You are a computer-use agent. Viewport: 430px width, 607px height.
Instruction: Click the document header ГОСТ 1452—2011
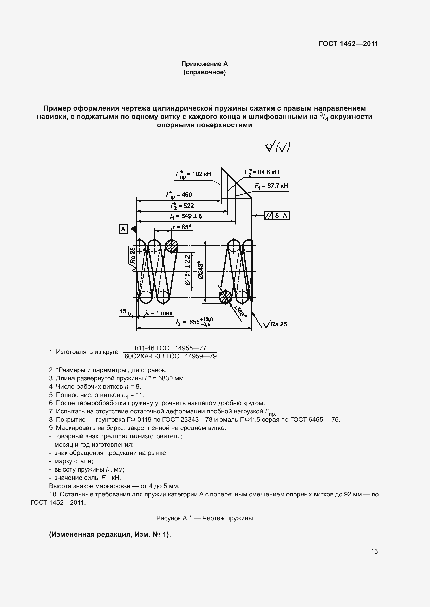[x=348, y=44]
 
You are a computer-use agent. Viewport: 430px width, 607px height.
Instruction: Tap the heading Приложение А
[x=204, y=64]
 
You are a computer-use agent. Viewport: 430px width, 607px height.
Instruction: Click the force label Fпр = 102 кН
[x=193, y=174]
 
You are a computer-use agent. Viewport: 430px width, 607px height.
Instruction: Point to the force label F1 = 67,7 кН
[x=271, y=186]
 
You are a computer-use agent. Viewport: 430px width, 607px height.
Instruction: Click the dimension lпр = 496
[x=179, y=195]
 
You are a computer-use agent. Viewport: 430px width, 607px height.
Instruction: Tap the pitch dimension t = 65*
[x=182, y=227]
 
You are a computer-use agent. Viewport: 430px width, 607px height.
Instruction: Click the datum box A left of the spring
[x=123, y=229]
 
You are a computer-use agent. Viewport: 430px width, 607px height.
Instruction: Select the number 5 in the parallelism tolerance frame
[x=277, y=216]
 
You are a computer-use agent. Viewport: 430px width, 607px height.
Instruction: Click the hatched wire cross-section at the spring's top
[x=172, y=246]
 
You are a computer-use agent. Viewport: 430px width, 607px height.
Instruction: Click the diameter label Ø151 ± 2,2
[x=187, y=270]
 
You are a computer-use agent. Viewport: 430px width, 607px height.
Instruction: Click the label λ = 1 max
[x=159, y=313]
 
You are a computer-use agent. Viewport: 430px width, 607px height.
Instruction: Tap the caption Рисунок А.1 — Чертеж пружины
[x=204, y=526]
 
